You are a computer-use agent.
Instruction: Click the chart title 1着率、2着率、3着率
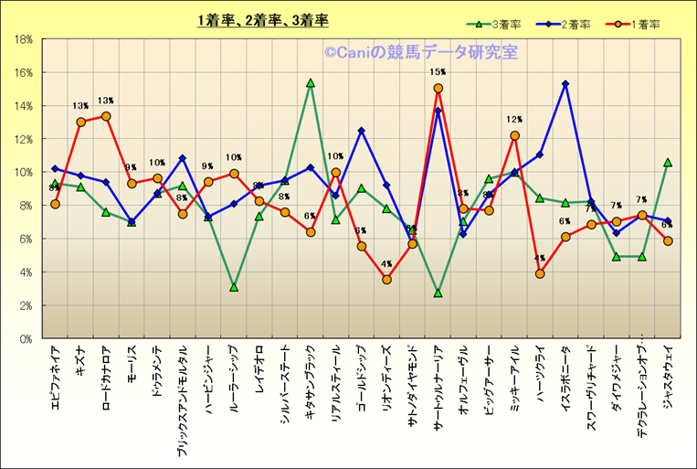263,20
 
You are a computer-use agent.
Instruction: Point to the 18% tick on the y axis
24,39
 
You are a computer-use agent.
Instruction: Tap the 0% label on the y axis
26,338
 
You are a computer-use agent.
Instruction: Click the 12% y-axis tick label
24,139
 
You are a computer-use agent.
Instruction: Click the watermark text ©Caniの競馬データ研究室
419,53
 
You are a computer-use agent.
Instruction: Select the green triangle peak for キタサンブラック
311,82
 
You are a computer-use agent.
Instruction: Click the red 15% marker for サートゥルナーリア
438,89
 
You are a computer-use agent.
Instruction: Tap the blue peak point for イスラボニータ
565,84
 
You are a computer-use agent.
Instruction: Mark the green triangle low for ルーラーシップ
234,287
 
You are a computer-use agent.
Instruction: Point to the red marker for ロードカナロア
106,116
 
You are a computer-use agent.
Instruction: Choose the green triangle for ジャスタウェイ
668,162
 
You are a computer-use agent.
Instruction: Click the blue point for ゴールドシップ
362,131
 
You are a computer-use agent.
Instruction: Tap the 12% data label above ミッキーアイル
514,120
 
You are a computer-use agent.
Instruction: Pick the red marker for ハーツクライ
540,273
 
